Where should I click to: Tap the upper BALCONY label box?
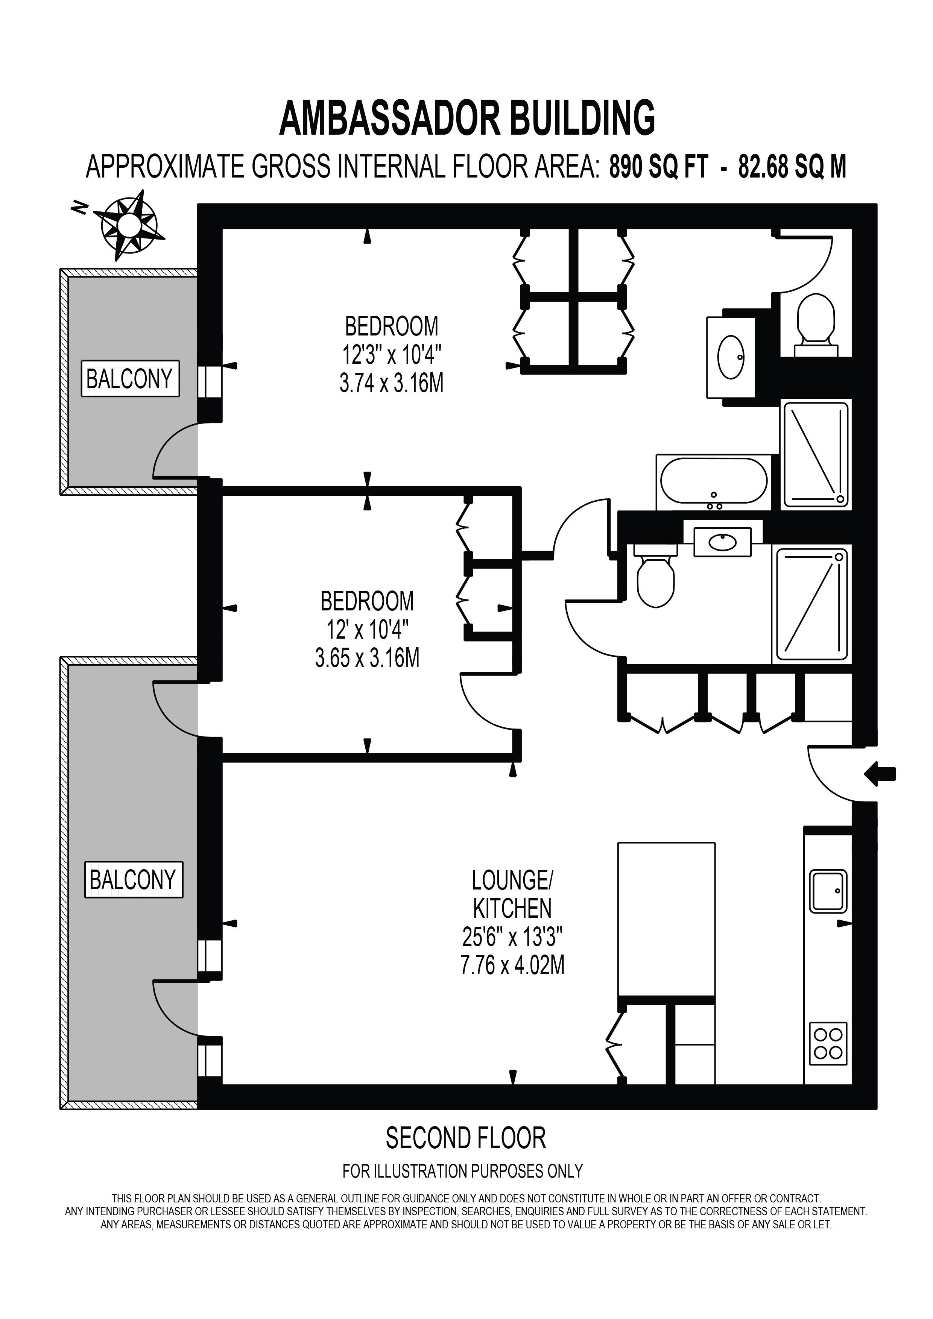click(130, 379)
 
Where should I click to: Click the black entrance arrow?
click(880, 775)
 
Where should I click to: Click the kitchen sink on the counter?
click(828, 891)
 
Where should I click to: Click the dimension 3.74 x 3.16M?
click(392, 382)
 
